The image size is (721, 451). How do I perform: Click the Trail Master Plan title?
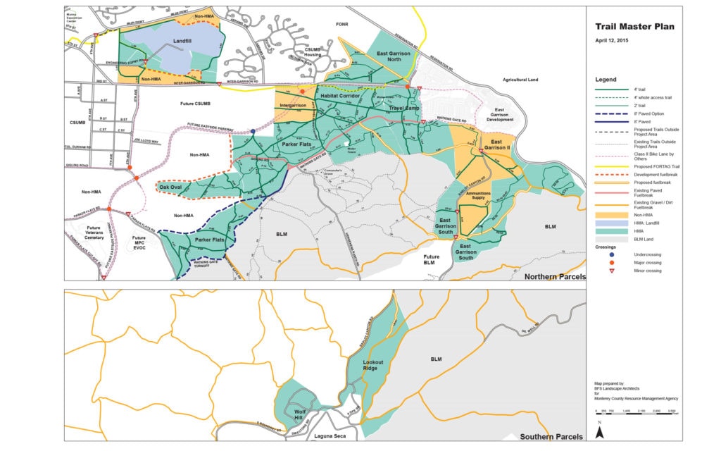tap(634, 27)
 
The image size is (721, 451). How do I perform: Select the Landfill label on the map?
tap(184, 42)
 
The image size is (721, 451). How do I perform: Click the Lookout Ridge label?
tap(373, 364)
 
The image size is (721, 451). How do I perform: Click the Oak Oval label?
tap(170, 187)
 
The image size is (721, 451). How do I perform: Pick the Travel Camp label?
tap(403, 108)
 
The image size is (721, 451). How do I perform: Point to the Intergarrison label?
tap(293, 105)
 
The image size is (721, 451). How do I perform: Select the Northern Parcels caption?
tap(555, 277)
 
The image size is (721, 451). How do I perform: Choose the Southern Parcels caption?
tap(554, 437)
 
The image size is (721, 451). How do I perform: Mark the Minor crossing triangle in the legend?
tap(611, 271)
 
